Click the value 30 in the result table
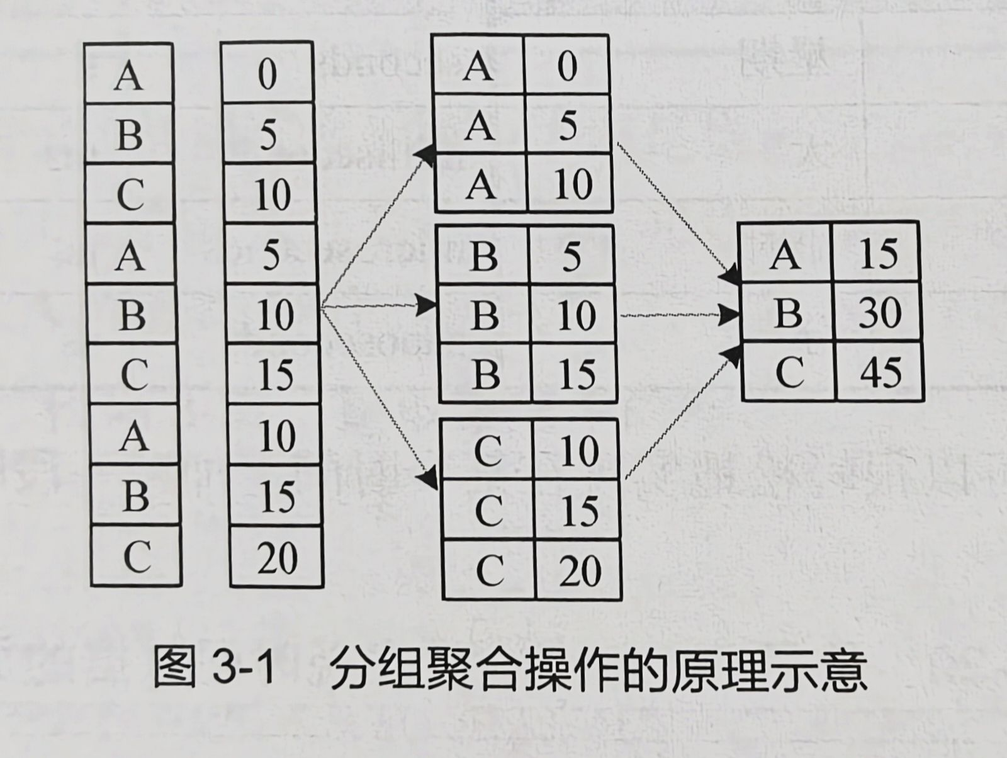[x=879, y=313]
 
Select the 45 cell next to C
[x=880, y=371]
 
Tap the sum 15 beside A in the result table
[x=878, y=254]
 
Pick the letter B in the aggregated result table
[x=788, y=313]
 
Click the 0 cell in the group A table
[x=566, y=65]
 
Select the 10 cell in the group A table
[x=573, y=184]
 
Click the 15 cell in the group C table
[x=578, y=510]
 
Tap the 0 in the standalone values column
[x=267, y=74]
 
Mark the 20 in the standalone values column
[x=277, y=558]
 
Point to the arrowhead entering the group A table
[x=425, y=154]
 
